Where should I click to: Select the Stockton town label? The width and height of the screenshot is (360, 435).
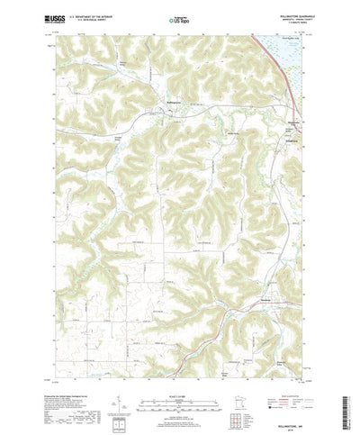pyautogui.click(x=267, y=299)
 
